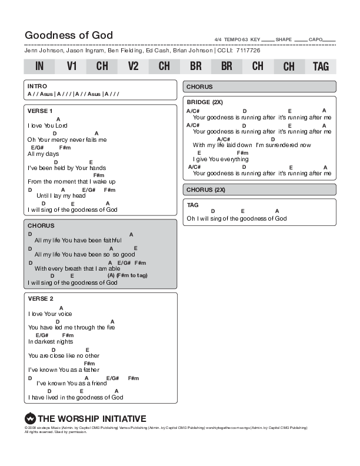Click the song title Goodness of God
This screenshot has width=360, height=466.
68,35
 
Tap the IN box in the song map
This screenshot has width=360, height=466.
39,66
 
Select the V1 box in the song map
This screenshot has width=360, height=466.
72,66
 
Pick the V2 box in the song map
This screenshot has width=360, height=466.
133,66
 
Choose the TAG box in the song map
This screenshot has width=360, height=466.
321,66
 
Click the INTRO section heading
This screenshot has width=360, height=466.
37,86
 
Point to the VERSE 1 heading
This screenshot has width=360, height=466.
40,111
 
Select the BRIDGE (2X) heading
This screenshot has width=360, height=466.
205,102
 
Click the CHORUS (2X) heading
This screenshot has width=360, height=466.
206,190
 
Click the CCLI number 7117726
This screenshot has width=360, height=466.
247,51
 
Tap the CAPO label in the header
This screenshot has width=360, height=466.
315,40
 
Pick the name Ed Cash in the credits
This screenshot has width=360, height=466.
157,51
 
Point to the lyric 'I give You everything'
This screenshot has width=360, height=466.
221,159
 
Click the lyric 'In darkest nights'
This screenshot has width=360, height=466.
51,341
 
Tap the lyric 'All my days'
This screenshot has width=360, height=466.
40,154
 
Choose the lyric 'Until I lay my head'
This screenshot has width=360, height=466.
61,195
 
